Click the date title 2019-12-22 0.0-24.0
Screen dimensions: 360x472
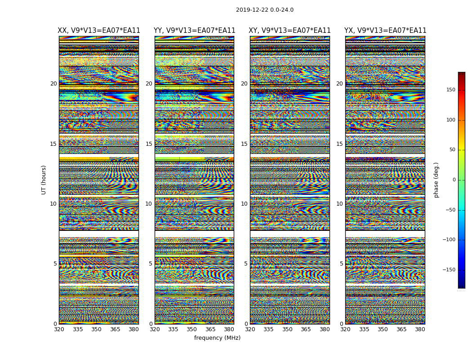coord(264,10)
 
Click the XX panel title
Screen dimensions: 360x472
coord(99,31)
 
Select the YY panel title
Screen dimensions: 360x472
coord(194,31)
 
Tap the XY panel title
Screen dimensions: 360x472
coord(289,31)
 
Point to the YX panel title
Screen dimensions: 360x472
coord(385,31)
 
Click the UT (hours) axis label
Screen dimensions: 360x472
coord(44,180)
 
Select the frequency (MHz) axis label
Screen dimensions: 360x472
coord(217,338)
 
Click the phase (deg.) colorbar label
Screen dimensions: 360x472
coord(436,180)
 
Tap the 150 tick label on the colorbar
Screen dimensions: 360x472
coord(450,90)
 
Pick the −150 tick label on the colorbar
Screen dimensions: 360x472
coord(449,270)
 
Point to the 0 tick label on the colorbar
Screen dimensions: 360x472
coord(454,180)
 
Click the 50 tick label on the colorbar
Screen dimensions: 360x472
coord(452,150)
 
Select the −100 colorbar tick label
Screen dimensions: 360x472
coord(449,240)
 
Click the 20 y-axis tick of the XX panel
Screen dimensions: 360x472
coord(53,84)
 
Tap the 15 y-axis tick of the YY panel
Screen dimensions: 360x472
coord(149,144)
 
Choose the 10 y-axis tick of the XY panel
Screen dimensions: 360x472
coord(244,204)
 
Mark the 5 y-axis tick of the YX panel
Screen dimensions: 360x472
coord(341,264)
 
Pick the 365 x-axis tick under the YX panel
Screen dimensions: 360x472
coord(401,329)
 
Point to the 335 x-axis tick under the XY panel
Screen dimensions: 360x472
coord(268,329)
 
